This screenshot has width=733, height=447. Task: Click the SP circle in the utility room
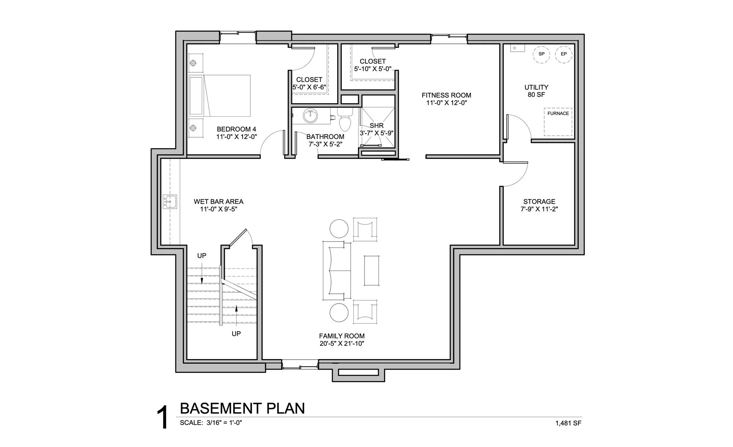coord(541,54)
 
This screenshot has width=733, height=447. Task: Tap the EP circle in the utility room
coord(564,54)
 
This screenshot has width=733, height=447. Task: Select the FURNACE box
coord(558,122)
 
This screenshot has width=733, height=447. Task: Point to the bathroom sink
coord(310,116)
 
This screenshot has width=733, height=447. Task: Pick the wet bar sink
coord(170,202)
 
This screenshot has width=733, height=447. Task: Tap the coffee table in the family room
coord(371,271)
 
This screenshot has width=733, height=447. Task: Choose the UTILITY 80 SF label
coord(536,91)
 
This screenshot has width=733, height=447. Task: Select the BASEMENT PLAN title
coord(242,408)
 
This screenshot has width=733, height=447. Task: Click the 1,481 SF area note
coord(568,423)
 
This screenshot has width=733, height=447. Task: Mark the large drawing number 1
coord(162,417)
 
